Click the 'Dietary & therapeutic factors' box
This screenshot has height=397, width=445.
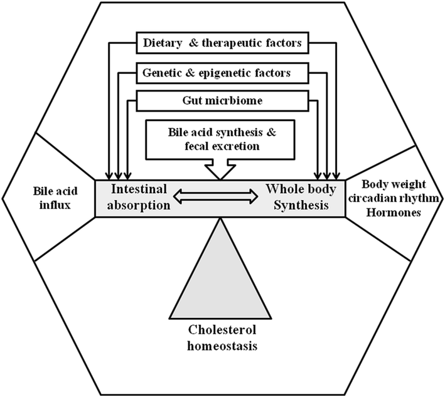pos(223,44)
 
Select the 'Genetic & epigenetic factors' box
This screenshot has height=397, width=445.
pos(223,73)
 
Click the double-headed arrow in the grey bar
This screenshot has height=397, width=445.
pos(215,197)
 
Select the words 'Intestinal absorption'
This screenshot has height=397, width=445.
pos(140,196)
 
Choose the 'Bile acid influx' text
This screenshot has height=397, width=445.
pos(48,196)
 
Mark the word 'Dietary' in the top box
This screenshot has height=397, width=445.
pos(163,44)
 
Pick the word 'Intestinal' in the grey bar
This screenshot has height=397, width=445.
pos(140,188)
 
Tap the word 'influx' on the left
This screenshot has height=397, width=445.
pos(48,203)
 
